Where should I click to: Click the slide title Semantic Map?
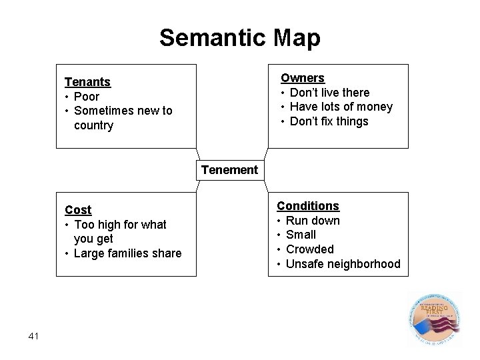(x=239, y=37)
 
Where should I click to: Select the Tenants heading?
(x=87, y=82)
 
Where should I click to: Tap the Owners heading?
(x=302, y=78)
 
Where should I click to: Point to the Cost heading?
(x=78, y=210)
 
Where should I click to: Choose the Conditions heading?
(x=308, y=206)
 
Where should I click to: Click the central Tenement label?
(x=229, y=170)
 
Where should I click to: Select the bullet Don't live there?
(x=329, y=93)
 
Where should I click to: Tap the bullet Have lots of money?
(x=341, y=107)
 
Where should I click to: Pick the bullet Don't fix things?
(x=329, y=121)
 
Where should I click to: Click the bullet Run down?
(x=313, y=221)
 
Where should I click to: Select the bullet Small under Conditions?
(x=301, y=235)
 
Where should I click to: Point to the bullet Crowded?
(x=309, y=249)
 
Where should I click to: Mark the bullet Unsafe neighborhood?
(x=343, y=264)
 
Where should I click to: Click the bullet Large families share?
(x=127, y=253)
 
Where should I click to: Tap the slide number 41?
(x=35, y=336)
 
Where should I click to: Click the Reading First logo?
(x=434, y=320)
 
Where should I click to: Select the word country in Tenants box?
(x=94, y=125)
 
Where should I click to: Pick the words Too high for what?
(x=120, y=225)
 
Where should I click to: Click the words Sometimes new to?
(x=123, y=111)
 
